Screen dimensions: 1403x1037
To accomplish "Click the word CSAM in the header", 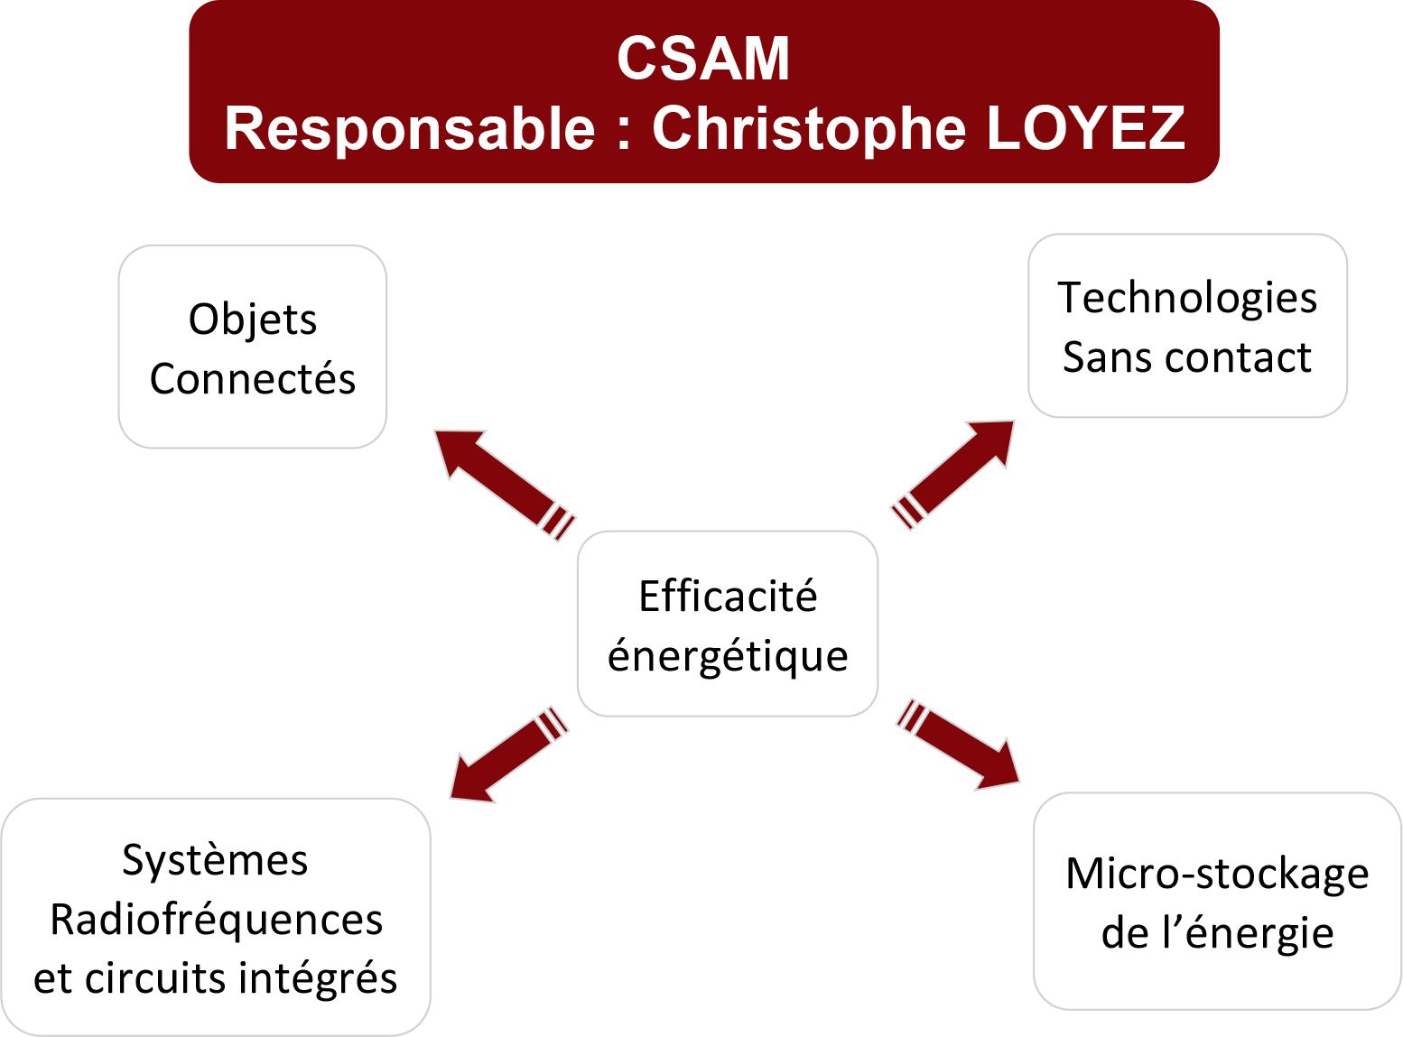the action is pyautogui.click(x=703, y=59).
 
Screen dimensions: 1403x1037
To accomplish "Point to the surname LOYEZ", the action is pyautogui.click(x=1085, y=128).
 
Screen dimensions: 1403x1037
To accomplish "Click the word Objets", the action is pyautogui.click(x=253, y=320).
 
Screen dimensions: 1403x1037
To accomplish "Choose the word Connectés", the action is pyautogui.click(x=253, y=379).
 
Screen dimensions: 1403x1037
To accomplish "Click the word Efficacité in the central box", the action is pyautogui.click(x=728, y=596).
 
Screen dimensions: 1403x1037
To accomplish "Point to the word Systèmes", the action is pyautogui.click(x=215, y=861).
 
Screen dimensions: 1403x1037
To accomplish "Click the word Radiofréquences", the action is pyautogui.click(x=217, y=920).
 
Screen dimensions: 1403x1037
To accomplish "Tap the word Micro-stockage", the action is pyautogui.click(x=1217, y=875).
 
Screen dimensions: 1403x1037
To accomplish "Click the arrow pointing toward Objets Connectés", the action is pyautogui.click(x=504, y=485).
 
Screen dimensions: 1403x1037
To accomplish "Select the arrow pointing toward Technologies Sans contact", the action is pyautogui.click(x=952, y=475).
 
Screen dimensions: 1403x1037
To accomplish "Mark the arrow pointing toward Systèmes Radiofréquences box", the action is pyautogui.click(x=508, y=754).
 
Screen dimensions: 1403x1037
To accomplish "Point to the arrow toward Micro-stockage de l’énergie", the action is pyautogui.click(x=958, y=745).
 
